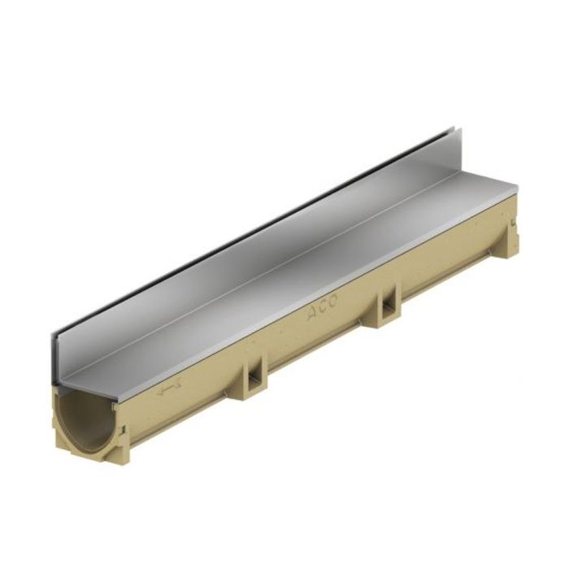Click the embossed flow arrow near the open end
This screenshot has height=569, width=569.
(x=168, y=391)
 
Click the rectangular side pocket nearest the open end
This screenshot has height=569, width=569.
(x=254, y=376)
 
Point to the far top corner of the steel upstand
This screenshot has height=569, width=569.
(x=453, y=128)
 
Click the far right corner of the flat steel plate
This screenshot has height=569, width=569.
(x=515, y=189)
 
